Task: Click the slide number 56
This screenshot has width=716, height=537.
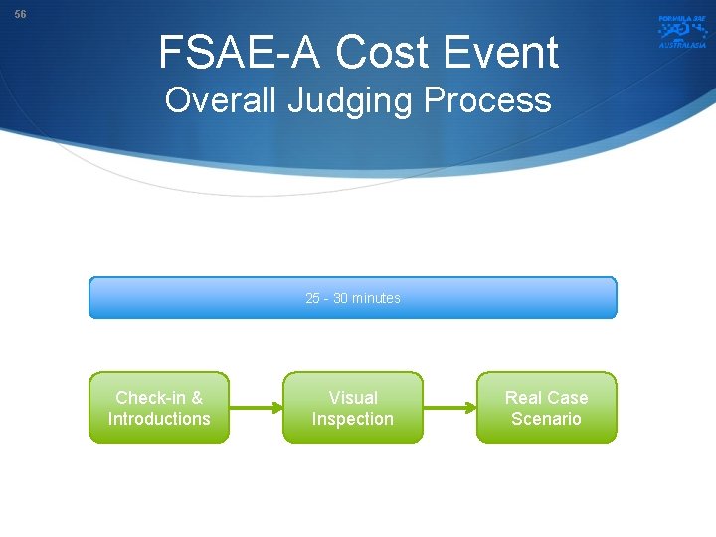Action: [20, 15]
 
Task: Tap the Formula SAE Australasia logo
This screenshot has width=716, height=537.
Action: [681, 31]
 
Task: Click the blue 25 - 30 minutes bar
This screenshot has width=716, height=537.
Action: [353, 298]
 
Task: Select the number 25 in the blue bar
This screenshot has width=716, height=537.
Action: [313, 298]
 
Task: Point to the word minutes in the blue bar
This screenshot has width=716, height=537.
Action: [376, 298]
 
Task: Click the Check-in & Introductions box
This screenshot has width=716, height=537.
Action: [159, 408]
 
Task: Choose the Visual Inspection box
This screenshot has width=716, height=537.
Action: [353, 408]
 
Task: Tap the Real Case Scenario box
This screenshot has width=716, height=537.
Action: [546, 408]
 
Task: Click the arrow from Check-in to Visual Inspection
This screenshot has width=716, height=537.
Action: [256, 407]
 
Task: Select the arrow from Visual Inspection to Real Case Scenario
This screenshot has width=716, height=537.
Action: [449, 407]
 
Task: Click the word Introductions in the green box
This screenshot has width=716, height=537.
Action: [159, 419]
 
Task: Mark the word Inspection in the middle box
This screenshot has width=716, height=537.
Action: [353, 419]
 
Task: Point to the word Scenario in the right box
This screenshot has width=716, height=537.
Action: [546, 419]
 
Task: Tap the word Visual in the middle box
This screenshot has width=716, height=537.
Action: [353, 397]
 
